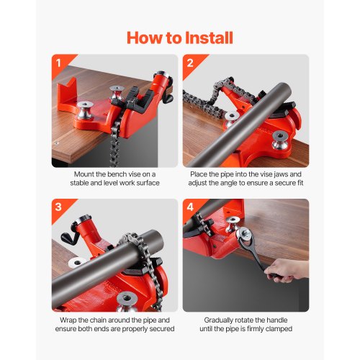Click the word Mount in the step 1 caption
point(86,174)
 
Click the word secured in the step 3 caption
point(157,329)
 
